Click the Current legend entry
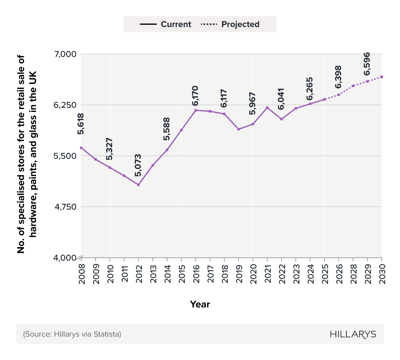coord(166,24)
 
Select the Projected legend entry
coord(230,24)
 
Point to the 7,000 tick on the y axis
coord(65,54)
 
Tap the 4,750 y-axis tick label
coord(65,207)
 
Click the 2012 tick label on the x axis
coord(139,274)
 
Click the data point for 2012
coord(138,185)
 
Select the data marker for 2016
coord(196,110)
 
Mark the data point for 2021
coord(267,107)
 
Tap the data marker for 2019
coord(239,129)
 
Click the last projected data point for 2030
coord(382,77)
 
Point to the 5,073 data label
coord(138,165)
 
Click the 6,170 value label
coord(195,96)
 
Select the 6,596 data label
coord(367,64)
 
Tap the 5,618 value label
coord(81,124)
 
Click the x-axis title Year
coord(200,304)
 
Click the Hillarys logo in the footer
coord(353,334)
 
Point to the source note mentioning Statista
coord(72,334)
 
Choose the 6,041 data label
coord(281,99)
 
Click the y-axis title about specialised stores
coord(27,154)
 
